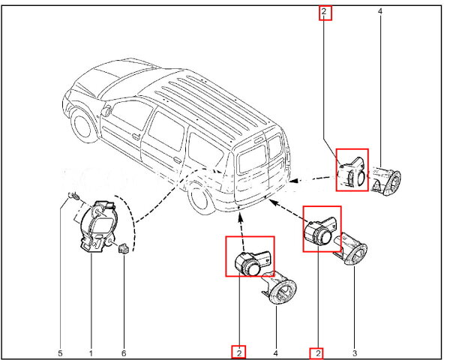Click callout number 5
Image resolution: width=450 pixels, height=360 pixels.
coord(60,352)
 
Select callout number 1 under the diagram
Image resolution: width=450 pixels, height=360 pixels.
coord(91,352)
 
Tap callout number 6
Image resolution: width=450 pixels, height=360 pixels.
coord(124,352)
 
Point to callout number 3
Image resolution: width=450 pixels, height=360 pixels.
coord(354,352)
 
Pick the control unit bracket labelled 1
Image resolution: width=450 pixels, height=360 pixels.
coord(95,226)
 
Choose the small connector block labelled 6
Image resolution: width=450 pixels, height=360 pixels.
coord(121,248)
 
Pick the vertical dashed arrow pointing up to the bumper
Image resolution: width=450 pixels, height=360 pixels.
coord(239,223)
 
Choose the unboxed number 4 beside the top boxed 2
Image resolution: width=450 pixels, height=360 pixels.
coord(380,12)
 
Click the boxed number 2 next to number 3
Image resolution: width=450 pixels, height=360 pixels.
coord(319,352)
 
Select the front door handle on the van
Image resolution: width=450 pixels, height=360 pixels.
coord(136,136)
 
